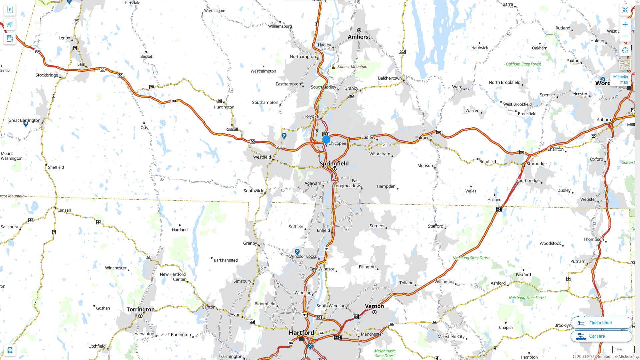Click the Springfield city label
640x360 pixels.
[334, 163]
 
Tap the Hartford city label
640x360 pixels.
[301, 332]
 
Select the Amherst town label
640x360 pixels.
[359, 37]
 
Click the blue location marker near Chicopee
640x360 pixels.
[326, 140]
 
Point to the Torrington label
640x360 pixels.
[140, 309]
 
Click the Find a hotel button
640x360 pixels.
[601, 323]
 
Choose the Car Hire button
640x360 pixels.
[601, 336]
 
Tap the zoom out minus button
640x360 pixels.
[625, 36]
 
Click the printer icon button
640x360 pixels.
[10, 350]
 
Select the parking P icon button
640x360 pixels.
[10, 10]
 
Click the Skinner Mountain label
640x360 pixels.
[352, 67]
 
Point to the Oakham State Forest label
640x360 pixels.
[523, 64]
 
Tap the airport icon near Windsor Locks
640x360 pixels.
[297, 252]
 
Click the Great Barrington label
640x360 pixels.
[24, 120]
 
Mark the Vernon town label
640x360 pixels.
[374, 306]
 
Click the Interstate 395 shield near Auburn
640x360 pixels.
[610, 140]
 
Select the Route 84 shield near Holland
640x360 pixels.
[499, 209]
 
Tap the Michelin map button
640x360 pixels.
[620, 79]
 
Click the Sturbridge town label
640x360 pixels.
[536, 164]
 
